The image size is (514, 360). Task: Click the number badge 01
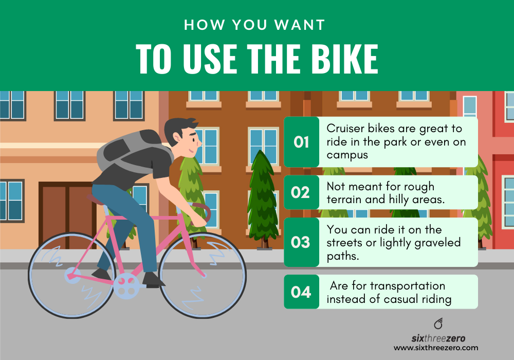click(x=301, y=142)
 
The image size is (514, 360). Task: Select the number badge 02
click(x=301, y=192)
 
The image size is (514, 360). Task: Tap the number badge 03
click(x=301, y=242)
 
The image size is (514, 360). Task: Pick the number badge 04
click(x=301, y=292)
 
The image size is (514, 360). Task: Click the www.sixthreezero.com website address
click(x=436, y=348)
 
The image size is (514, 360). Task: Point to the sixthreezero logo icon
click(x=438, y=324)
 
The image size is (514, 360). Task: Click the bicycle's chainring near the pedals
click(x=126, y=285)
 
